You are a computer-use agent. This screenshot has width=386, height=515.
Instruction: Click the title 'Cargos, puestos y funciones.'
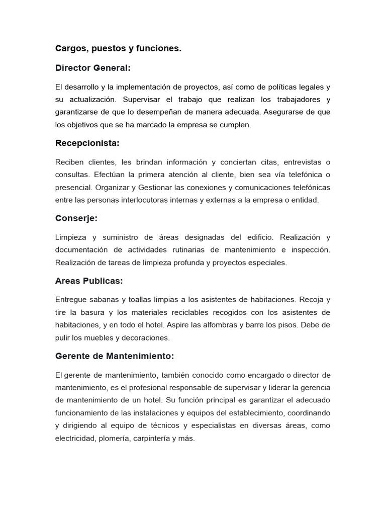(118, 49)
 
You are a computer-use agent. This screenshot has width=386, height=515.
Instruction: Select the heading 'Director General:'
(93, 68)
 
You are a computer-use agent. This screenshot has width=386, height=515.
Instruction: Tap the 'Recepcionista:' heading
(87, 143)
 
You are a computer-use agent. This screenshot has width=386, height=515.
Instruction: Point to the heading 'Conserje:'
(76, 218)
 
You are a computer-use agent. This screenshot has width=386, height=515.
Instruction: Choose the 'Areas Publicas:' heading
(89, 281)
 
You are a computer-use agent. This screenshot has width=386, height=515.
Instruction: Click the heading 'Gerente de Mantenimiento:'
(115, 356)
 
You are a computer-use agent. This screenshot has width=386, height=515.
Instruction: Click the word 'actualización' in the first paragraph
(89, 100)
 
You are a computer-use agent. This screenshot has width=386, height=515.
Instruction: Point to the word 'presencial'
(73, 187)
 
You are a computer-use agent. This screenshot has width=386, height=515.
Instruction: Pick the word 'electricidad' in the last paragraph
(75, 438)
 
